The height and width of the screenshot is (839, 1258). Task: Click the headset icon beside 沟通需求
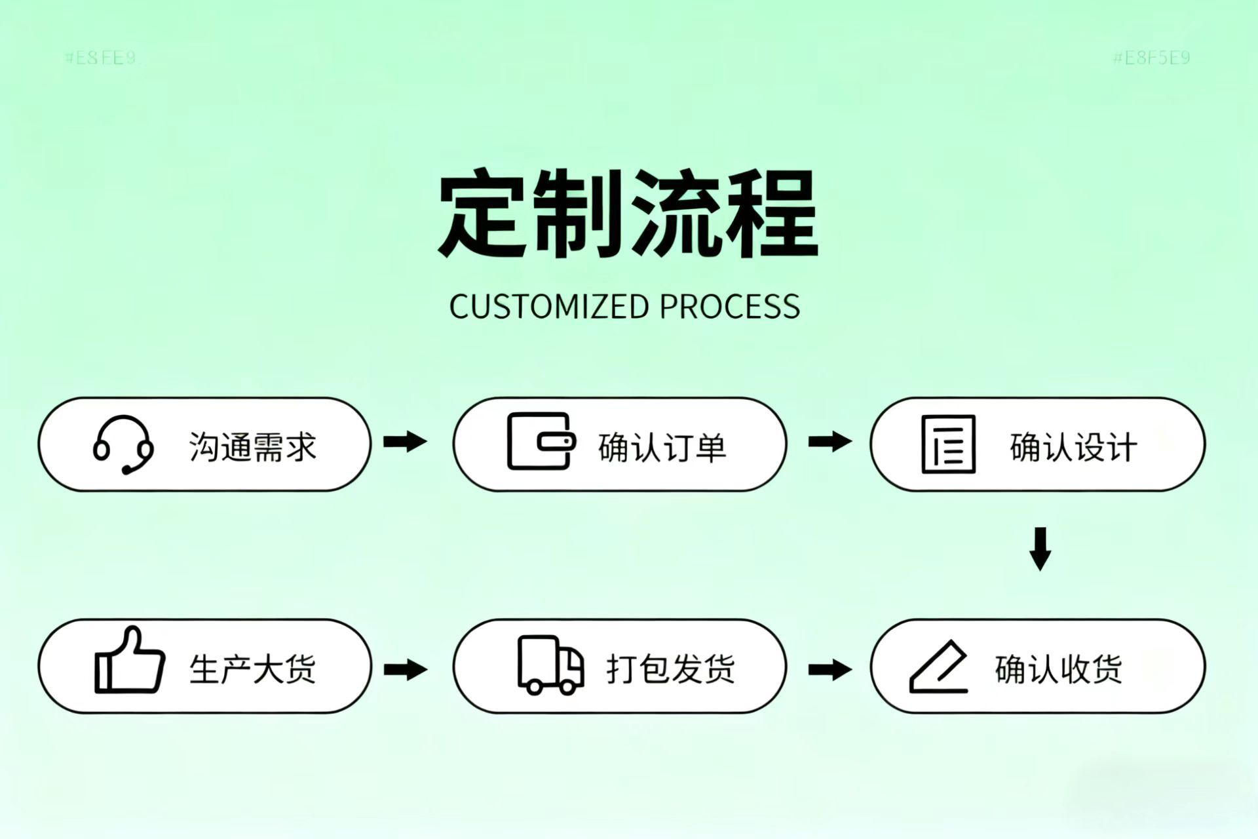[x=123, y=444]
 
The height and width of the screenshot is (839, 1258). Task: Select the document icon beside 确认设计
[x=948, y=444]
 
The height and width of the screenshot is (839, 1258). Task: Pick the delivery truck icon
[x=550, y=665]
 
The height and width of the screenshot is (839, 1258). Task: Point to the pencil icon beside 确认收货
[x=939, y=667]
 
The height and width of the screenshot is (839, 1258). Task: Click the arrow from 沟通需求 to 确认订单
[x=405, y=441]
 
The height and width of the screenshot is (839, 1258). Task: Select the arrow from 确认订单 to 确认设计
[x=829, y=441]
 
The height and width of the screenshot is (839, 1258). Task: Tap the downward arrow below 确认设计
[x=1040, y=549]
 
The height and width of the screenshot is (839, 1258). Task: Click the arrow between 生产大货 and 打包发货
[x=405, y=669]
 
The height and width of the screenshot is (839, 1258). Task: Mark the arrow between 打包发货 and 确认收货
[x=829, y=669]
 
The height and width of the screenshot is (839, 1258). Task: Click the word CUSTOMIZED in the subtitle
[x=548, y=307]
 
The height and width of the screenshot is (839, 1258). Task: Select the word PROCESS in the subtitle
[x=730, y=307]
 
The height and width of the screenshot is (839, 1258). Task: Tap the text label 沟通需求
[x=253, y=447]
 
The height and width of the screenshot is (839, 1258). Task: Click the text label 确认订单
[x=662, y=447]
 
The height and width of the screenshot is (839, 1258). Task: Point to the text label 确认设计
[x=1073, y=447]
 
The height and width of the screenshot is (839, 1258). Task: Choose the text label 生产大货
[x=253, y=669]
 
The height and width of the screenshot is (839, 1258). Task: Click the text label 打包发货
[x=670, y=669]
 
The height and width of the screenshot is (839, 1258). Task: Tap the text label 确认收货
[x=1058, y=669]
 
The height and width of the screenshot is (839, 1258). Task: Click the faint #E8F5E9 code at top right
[x=1151, y=58]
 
